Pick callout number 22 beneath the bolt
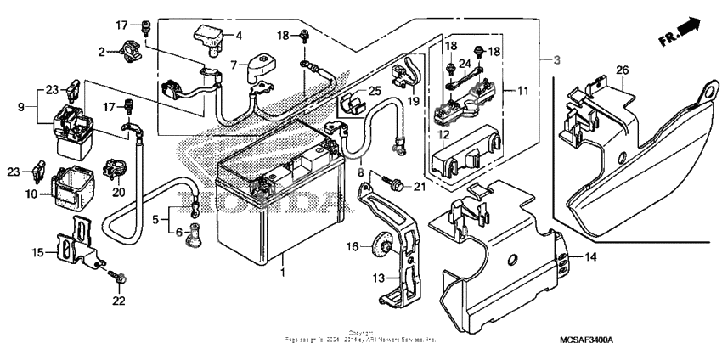point(119,300)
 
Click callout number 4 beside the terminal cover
point(239,35)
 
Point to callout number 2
point(102,53)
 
